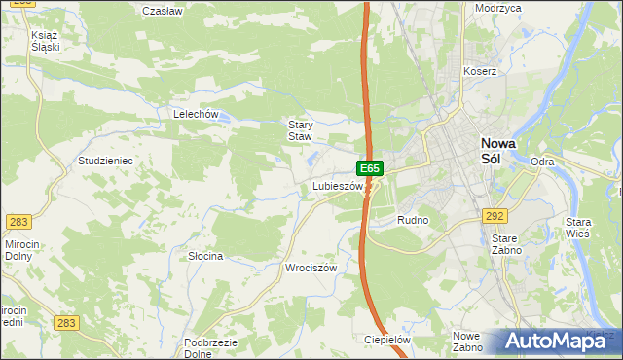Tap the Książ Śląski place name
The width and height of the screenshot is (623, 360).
point(46,40)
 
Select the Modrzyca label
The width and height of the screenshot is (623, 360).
point(497,8)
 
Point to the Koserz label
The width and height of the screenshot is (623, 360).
point(480,71)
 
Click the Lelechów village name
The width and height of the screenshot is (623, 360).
point(194,114)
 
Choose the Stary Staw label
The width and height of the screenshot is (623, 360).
point(300,130)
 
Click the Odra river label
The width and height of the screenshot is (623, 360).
point(542,162)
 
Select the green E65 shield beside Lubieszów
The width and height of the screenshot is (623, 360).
point(371,168)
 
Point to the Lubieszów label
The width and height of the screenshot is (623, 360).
point(337,186)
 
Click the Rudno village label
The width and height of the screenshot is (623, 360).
point(413,221)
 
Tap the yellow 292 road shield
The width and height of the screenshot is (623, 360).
point(495,216)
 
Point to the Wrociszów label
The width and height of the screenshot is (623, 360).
point(311,268)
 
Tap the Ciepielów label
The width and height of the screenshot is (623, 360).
point(386,340)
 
